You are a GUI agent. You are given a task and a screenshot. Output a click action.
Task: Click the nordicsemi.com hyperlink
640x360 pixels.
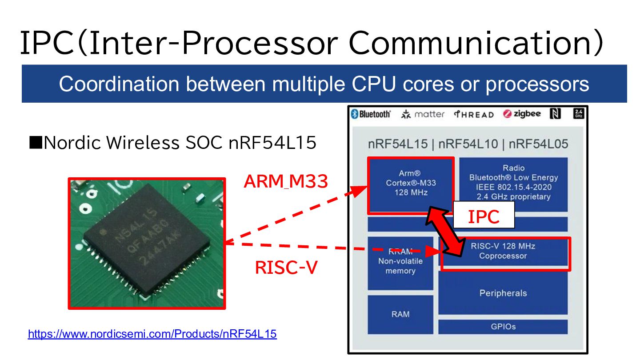click(152, 334)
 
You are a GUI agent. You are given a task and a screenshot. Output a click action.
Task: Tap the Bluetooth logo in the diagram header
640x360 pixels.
click(371, 114)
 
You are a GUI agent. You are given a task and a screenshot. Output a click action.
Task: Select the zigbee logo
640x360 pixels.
click(522, 114)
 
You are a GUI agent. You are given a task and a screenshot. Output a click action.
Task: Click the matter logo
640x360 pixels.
click(423, 114)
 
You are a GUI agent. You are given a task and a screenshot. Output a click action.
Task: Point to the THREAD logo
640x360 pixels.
click(474, 114)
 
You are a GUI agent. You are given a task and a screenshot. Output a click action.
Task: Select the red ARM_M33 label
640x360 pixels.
click(286, 181)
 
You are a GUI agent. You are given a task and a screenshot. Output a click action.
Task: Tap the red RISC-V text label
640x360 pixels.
click(286, 268)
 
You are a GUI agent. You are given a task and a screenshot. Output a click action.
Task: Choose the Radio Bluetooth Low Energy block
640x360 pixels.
click(513, 183)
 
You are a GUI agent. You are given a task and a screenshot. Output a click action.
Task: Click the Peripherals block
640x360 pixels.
click(503, 293)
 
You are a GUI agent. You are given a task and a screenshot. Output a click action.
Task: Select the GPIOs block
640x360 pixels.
click(503, 326)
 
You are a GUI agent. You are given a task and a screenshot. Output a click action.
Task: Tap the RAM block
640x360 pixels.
click(400, 314)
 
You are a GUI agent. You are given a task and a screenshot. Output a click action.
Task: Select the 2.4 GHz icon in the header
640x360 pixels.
click(578, 114)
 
